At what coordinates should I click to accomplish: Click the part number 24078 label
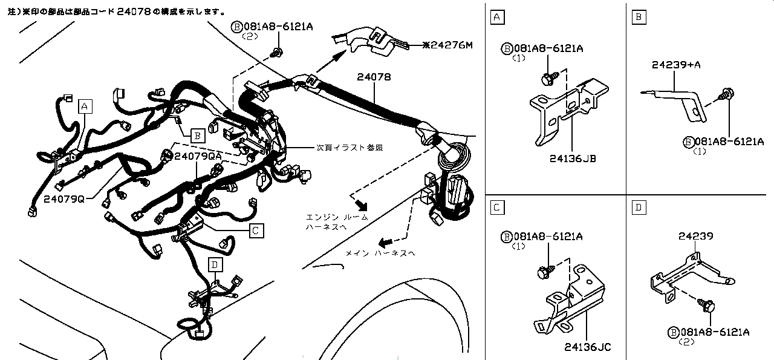pos(373,77)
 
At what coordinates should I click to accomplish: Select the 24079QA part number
pos(198,156)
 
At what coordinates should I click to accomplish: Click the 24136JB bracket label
pos(573,159)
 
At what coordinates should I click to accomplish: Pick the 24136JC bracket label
pos(588,347)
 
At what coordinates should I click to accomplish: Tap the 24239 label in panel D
pos(696,236)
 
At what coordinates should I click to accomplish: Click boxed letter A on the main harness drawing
pos(85,106)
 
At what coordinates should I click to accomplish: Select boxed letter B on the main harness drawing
pos(197,136)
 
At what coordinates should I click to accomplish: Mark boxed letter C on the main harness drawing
pos(256,230)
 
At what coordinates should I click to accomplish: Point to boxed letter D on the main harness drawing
pos(215,264)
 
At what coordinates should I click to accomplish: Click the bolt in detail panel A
pos(548,78)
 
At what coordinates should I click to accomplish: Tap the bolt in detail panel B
pos(725,95)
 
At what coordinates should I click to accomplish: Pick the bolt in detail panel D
pos(707,305)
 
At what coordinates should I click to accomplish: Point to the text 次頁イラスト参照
pos(350,147)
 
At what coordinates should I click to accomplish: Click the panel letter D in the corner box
pos(637,208)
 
